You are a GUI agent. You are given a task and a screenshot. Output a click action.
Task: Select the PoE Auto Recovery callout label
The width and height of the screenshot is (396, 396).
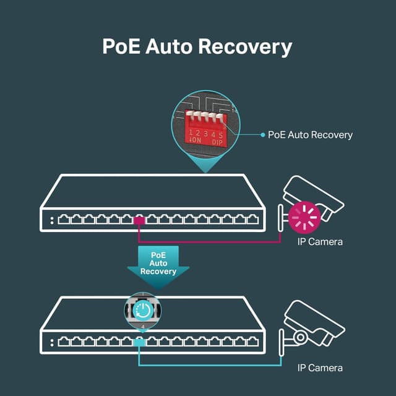click(310, 135)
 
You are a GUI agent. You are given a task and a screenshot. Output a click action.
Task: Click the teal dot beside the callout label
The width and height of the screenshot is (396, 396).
click(262, 134)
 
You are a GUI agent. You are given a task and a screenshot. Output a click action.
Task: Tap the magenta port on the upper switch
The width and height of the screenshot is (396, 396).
click(139, 220)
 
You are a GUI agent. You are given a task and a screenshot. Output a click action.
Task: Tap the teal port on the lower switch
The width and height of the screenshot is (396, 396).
click(139, 342)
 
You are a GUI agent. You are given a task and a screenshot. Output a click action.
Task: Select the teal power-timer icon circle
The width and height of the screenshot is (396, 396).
click(143, 309)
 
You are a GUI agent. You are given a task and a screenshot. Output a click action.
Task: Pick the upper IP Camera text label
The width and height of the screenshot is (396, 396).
click(320, 241)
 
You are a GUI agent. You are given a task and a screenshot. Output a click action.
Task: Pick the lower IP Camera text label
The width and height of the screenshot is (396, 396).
click(320, 368)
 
